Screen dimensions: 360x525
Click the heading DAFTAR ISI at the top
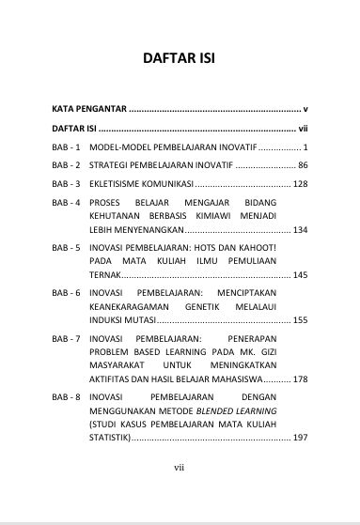[x=180, y=58]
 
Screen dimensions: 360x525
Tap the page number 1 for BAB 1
[x=305, y=148]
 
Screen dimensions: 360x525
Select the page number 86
[x=303, y=165]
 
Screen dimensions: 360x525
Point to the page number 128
[x=301, y=183]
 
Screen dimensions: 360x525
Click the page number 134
[x=301, y=229]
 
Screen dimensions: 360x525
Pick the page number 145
[x=301, y=275]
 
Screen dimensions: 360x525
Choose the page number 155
[x=301, y=320]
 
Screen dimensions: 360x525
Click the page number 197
[x=301, y=438]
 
